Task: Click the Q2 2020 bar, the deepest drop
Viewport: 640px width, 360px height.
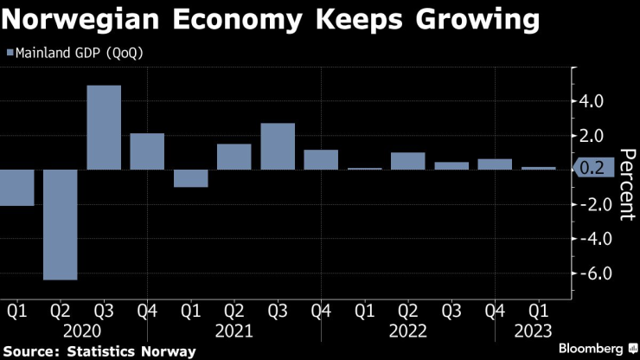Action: [x=61, y=224]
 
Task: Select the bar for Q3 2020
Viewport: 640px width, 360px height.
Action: [x=104, y=127]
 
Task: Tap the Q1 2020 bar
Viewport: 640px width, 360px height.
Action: [x=16, y=187]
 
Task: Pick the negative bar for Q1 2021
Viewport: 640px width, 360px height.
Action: [x=190, y=178]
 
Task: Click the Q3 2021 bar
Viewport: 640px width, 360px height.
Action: [x=278, y=146]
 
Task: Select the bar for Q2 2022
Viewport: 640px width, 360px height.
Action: [x=407, y=161]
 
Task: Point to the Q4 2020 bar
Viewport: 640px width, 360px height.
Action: [x=147, y=151]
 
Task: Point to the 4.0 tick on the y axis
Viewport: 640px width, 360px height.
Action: [x=592, y=101]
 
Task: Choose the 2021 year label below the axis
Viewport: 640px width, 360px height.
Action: [x=234, y=331]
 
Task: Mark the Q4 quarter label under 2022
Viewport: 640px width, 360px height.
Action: [x=495, y=310]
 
